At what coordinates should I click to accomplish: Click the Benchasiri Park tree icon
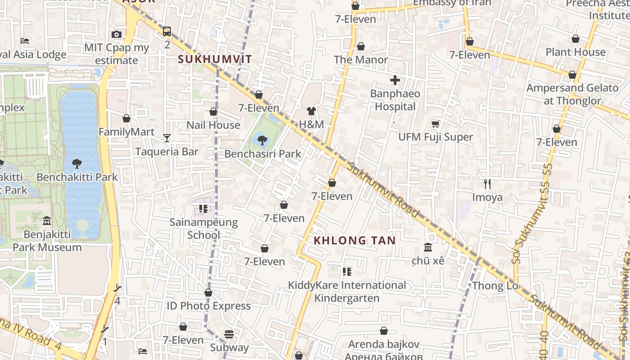click(x=262, y=140)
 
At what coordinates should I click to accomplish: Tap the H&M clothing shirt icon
click(x=311, y=111)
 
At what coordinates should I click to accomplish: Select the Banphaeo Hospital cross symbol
click(x=395, y=81)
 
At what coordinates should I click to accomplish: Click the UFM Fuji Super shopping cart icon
click(x=435, y=124)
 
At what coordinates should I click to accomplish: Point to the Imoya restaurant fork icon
click(x=487, y=184)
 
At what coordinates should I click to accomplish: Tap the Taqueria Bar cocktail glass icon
click(x=167, y=138)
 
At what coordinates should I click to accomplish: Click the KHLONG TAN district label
click(x=355, y=240)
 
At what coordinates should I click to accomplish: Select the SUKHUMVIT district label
click(x=215, y=59)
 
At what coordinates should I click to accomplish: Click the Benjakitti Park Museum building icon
click(x=47, y=221)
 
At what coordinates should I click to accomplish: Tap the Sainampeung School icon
click(x=203, y=209)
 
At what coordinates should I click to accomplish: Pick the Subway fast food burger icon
click(x=229, y=334)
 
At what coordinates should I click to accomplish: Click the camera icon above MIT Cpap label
click(x=117, y=34)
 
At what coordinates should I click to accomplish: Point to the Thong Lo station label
click(x=495, y=286)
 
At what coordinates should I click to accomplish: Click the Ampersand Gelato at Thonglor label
click(x=572, y=94)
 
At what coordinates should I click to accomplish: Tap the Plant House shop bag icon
click(x=575, y=39)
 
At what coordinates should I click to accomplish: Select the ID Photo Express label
click(x=208, y=306)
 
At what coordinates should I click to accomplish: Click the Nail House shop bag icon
click(x=213, y=112)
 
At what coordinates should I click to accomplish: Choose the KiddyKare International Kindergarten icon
click(x=346, y=271)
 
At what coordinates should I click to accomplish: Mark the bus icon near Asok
click(x=167, y=31)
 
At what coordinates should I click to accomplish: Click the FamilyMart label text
click(x=126, y=132)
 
